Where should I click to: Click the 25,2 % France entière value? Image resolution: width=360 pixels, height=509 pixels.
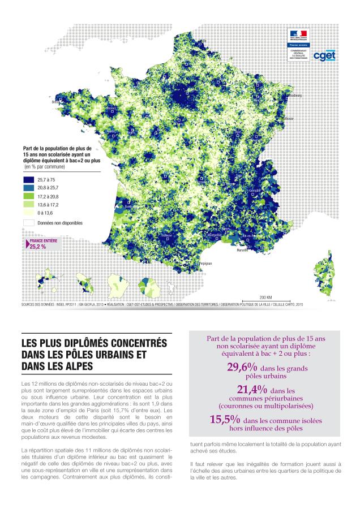point(38,247)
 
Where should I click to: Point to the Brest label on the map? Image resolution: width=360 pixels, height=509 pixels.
point(55,102)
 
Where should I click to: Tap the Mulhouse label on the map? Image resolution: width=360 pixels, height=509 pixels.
point(289,119)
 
